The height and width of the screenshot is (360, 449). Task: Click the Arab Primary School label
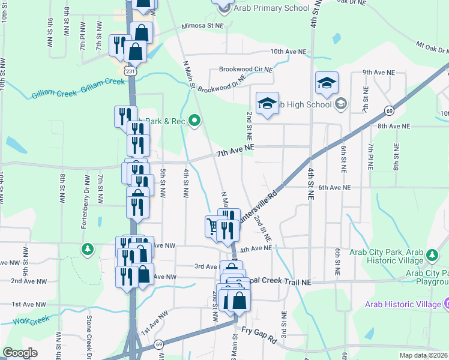pyautogui.click(x=271, y=8)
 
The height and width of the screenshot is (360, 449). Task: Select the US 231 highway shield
pyautogui.click(x=131, y=71)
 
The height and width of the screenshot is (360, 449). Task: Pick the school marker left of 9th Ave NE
pyautogui.click(x=327, y=84)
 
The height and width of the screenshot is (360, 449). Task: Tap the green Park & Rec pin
pyautogui.click(x=194, y=121)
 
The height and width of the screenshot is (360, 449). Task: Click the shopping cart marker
pyautogui.click(x=212, y=227)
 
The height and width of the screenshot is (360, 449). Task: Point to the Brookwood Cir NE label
pyautogui.click(x=246, y=69)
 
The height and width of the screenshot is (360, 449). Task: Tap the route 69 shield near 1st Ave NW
pyautogui.click(x=158, y=344)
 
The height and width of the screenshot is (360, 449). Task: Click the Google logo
pyautogui.click(x=20, y=353)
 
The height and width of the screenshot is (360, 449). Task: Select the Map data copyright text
pyautogui.click(x=423, y=355)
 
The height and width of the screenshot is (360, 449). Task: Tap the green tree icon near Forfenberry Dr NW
pyautogui.click(x=88, y=248)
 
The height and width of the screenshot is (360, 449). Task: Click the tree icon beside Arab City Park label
pyautogui.click(x=431, y=256)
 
